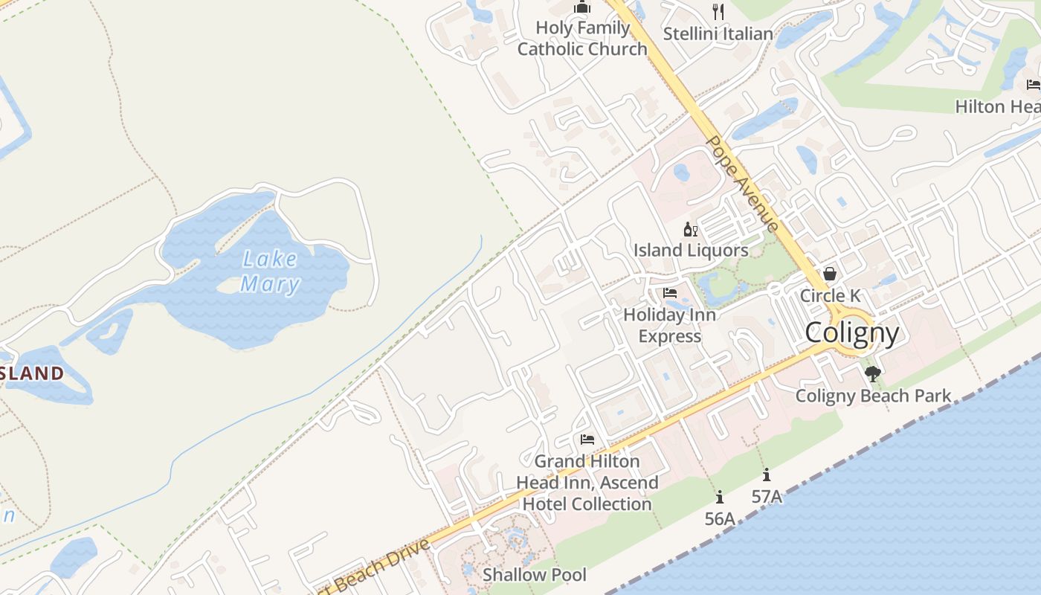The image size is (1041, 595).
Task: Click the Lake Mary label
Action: (269, 271)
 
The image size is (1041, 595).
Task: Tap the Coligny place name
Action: (852, 332)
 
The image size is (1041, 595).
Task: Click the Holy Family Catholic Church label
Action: (582, 39)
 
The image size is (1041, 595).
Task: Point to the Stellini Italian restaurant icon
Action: (718, 11)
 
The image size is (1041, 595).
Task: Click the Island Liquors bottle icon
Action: (690, 230)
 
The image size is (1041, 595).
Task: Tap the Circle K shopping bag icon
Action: (830, 274)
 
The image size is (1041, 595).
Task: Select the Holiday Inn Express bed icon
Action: (670, 293)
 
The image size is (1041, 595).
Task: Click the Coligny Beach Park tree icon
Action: (873, 373)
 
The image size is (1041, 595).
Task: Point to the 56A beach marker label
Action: (719, 518)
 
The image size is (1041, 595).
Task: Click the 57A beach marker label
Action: (767, 496)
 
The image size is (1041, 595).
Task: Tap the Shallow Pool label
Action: (534, 575)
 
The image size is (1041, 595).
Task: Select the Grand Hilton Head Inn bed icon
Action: (587, 440)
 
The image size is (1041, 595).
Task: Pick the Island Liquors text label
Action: (691, 251)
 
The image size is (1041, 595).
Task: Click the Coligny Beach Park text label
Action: (873, 396)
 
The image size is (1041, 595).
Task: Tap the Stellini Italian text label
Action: (718, 33)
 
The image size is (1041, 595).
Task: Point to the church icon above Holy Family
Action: (581, 7)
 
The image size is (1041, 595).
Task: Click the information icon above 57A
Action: (767, 475)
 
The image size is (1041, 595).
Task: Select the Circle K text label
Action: (830, 295)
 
